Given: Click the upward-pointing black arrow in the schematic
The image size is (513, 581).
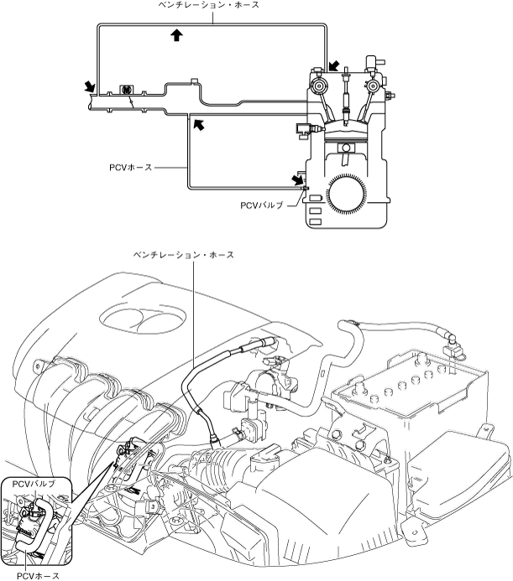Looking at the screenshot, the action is (177, 35).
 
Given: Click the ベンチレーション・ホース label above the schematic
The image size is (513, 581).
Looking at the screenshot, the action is (208, 5).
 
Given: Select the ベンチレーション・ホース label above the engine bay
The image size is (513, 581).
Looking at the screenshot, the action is (184, 255).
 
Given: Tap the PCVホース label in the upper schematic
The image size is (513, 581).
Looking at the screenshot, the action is (131, 168).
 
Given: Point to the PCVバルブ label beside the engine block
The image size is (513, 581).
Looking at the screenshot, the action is (262, 205).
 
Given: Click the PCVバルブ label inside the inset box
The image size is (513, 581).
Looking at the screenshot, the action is (34, 484).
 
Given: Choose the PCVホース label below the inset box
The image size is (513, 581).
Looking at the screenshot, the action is (39, 575).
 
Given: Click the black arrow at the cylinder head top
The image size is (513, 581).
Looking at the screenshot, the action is (333, 66).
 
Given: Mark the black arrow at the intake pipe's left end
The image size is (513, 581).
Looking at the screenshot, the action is (90, 87).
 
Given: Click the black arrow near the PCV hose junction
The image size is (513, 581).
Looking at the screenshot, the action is (199, 125).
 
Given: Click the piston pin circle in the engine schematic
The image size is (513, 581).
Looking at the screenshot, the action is (346, 148).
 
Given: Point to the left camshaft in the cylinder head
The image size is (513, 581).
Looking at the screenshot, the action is (318, 86).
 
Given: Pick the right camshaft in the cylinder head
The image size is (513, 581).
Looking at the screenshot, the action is (372, 86).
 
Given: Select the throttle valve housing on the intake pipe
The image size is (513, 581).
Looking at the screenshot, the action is (126, 90).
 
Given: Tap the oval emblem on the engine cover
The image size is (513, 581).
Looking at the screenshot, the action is (143, 319).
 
